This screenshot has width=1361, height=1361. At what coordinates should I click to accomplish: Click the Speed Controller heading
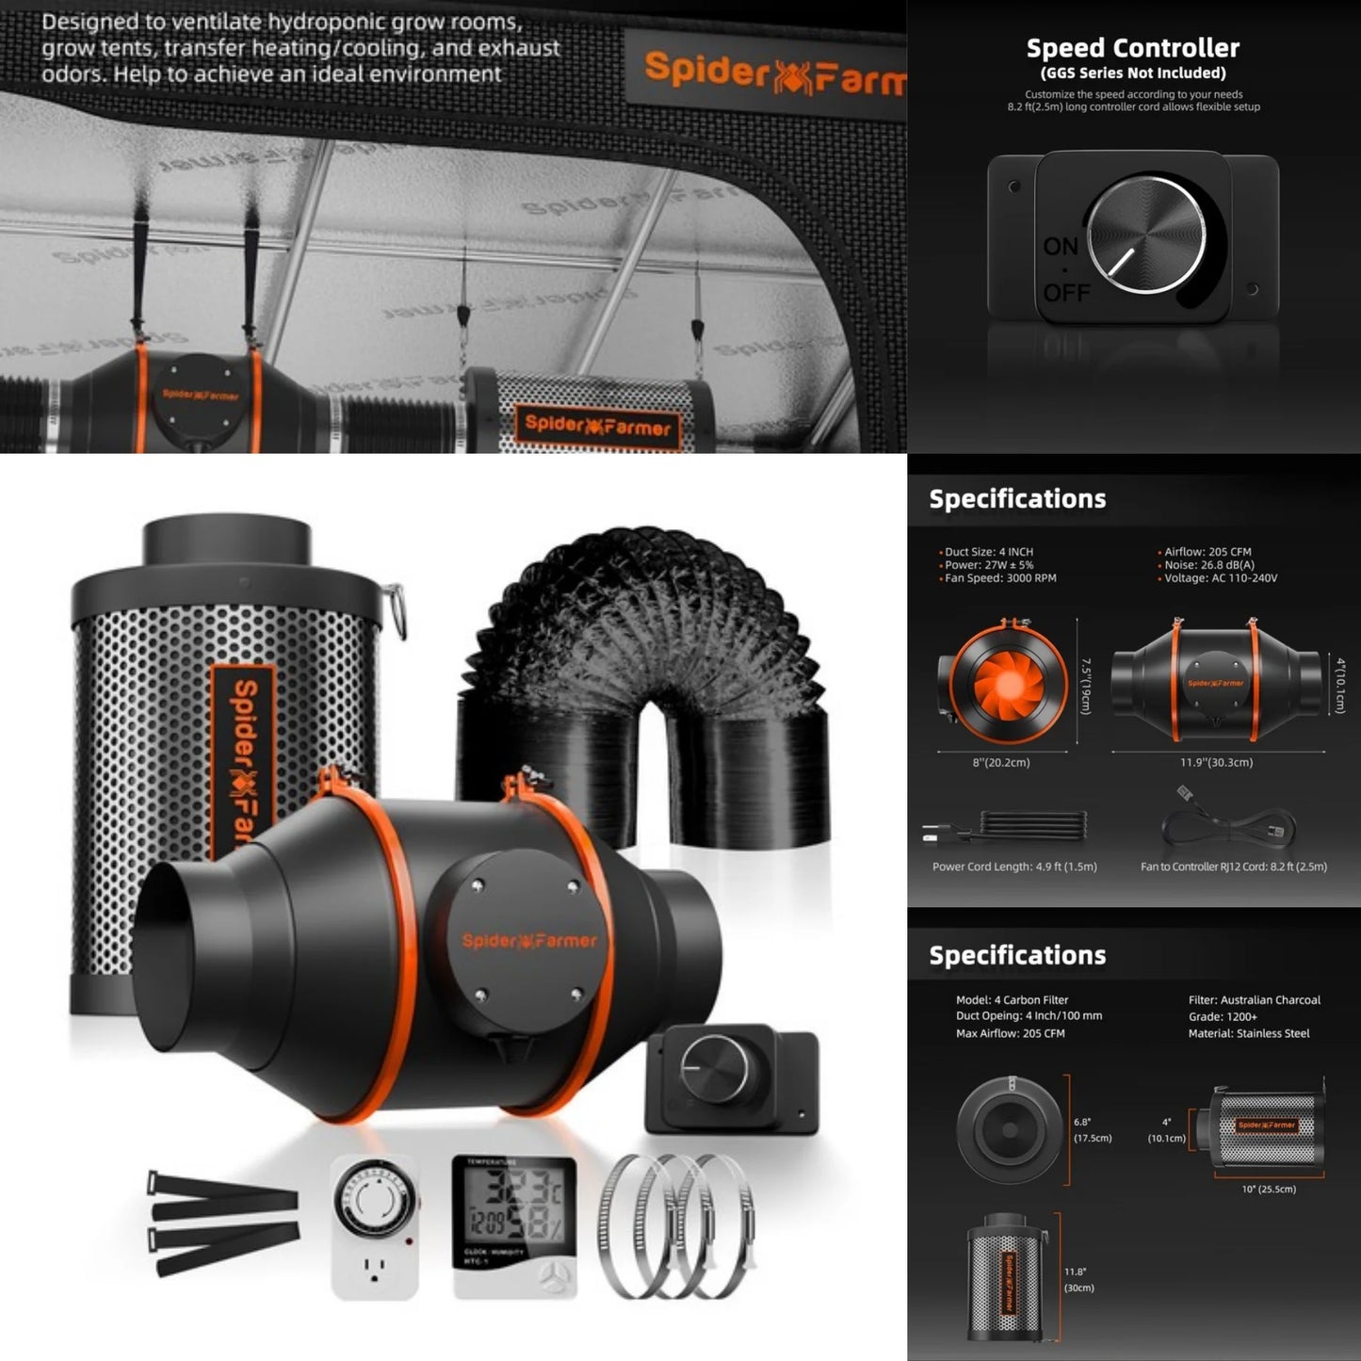click(1132, 48)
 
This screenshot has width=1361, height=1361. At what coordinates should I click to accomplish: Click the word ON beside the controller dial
click(1061, 247)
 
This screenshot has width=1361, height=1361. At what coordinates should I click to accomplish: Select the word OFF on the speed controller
click(1065, 293)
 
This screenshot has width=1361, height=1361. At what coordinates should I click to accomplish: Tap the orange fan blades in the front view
click(1008, 681)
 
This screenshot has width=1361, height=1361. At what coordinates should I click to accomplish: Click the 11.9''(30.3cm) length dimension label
click(1216, 762)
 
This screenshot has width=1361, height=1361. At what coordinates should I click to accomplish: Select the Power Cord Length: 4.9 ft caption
click(1014, 867)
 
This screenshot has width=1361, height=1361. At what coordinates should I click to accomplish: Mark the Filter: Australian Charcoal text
click(1254, 1000)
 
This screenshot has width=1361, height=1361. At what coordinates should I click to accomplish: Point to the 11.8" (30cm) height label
click(1078, 1279)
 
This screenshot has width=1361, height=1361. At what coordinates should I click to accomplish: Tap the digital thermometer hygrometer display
click(513, 1224)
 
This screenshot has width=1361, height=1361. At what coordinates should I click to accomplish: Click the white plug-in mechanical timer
click(374, 1227)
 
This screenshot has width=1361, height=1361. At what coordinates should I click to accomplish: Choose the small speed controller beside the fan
click(730, 1077)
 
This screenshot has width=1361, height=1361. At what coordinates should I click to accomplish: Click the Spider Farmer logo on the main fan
click(528, 941)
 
